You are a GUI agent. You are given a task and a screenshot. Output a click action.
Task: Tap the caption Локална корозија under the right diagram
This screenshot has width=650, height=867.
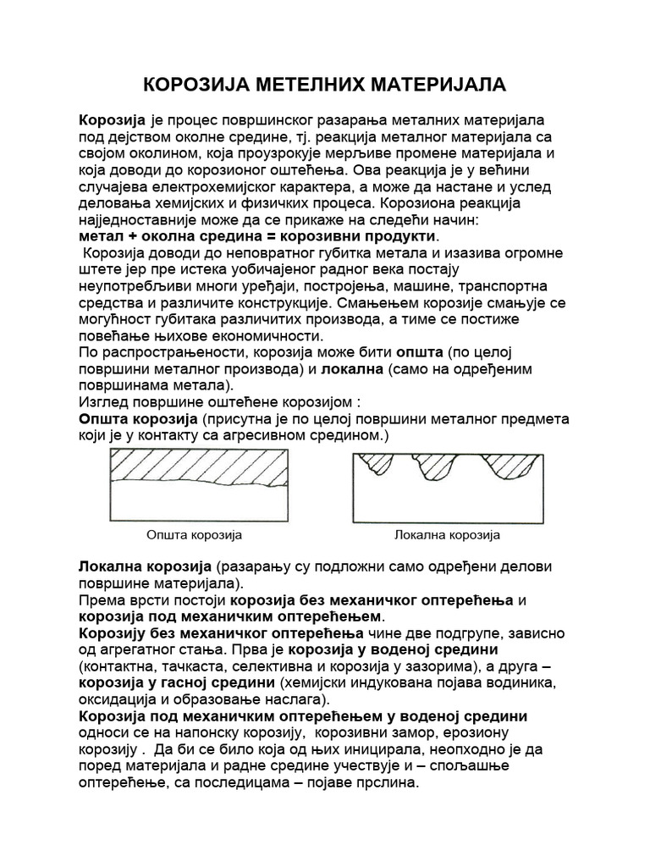pos(448,535)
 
